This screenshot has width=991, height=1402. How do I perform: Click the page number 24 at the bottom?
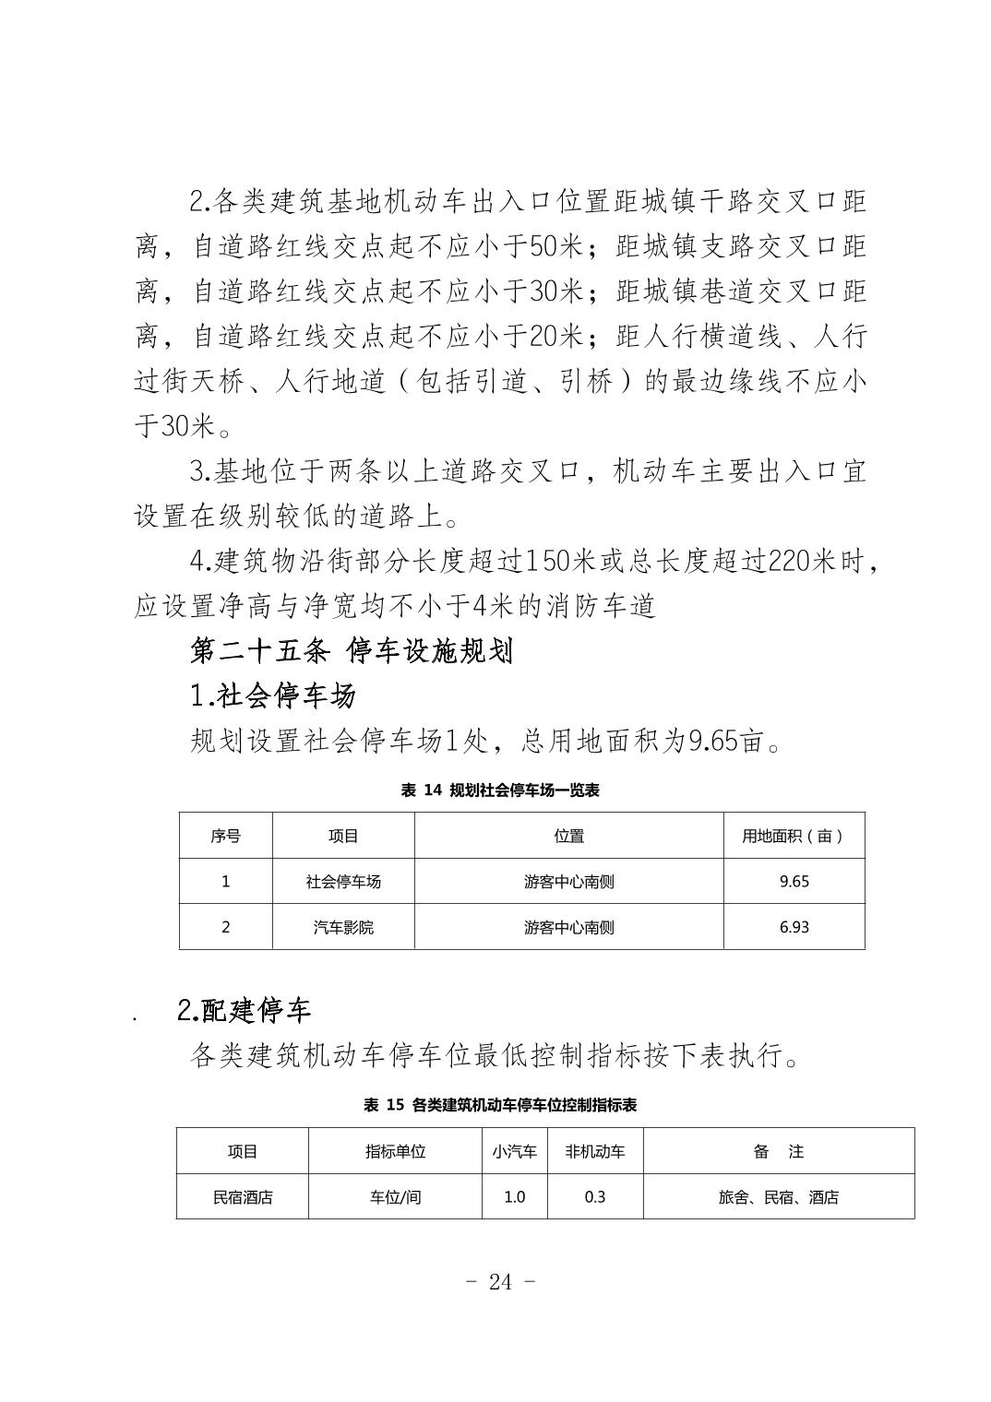point(500,1281)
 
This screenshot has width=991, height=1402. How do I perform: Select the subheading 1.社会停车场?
point(272,695)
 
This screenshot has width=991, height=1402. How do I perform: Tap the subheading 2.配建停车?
point(244,1010)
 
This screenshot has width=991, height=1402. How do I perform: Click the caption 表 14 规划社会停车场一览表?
point(500,790)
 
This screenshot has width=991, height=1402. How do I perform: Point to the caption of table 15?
point(500,1105)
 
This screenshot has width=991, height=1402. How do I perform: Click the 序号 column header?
point(225,836)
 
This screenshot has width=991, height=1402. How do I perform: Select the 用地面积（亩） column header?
point(794,836)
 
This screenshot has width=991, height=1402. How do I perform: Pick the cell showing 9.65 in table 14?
point(794,881)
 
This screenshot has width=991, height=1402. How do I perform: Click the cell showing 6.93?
point(794,926)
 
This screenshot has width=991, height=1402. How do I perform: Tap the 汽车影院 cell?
point(343,926)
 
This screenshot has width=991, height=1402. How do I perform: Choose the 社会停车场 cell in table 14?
point(343,881)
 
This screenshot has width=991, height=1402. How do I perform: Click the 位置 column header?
point(568,836)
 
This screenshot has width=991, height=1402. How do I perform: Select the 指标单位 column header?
point(395,1151)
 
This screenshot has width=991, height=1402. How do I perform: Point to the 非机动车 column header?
point(595,1151)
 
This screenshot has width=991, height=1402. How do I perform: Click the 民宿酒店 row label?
point(243,1197)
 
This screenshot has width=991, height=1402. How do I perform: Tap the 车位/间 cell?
point(395,1197)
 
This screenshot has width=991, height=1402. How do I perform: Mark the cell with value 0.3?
point(595,1197)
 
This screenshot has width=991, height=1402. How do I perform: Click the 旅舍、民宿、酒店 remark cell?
point(779,1197)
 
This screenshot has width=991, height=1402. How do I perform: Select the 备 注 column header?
point(779,1151)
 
